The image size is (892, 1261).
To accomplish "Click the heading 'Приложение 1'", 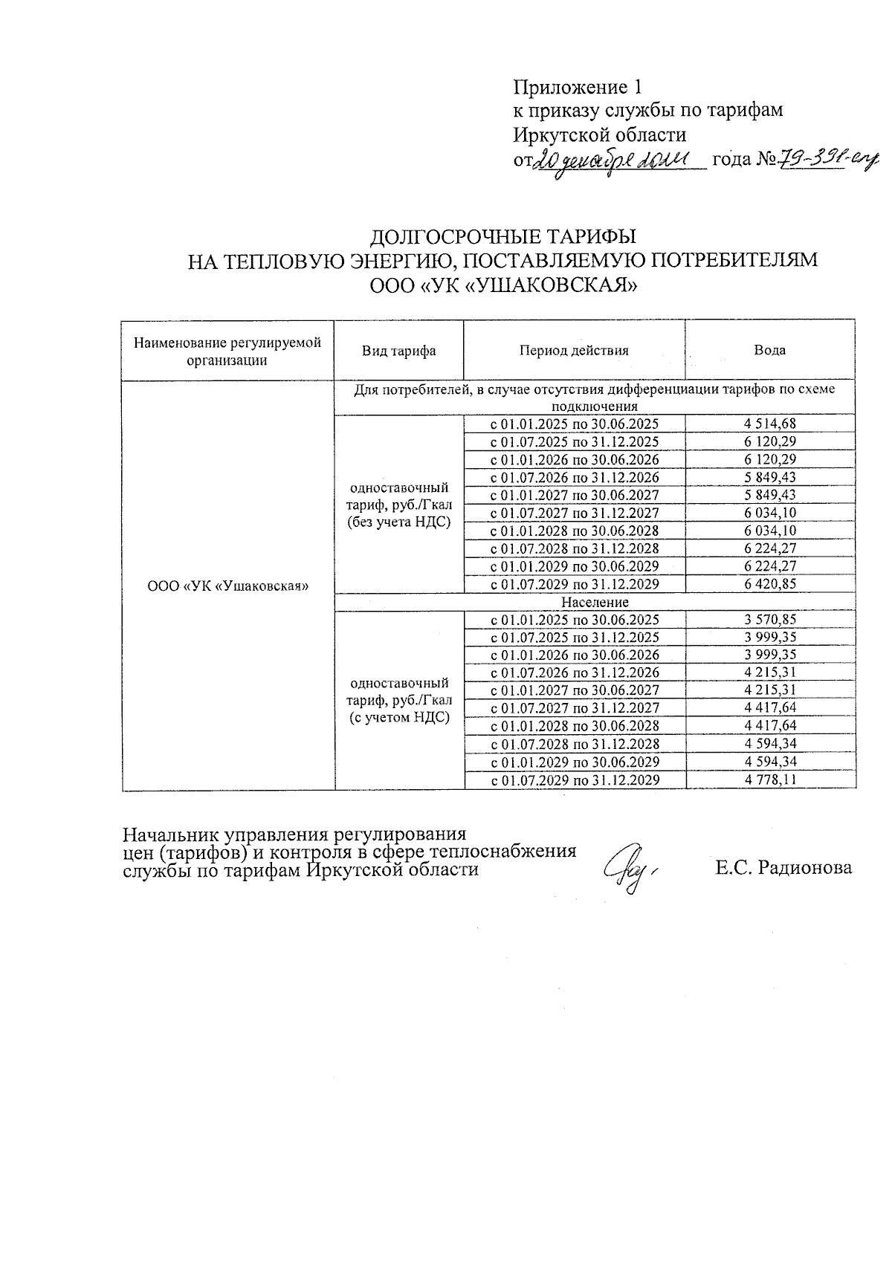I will (577, 88).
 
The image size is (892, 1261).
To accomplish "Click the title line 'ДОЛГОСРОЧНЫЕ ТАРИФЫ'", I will (503, 237).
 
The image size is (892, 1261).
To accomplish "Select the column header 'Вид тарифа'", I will (399, 351).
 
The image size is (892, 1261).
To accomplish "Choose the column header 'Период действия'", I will (574, 351).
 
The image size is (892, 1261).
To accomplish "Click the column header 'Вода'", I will (769, 351).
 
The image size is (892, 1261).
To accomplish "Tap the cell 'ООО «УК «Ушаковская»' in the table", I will (228, 586).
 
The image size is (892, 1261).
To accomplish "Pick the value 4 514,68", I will (769, 424).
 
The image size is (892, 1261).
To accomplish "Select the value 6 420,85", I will (769, 584).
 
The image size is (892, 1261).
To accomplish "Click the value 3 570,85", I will (769, 620).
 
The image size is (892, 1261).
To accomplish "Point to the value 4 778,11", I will (769, 779).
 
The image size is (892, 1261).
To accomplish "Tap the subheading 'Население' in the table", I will (595, 602).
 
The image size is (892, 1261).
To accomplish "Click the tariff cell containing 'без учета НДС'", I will (399, 505).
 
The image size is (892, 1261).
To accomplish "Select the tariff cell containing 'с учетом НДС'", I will (399, 700).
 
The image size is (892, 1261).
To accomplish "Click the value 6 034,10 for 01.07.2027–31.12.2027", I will (769, 513).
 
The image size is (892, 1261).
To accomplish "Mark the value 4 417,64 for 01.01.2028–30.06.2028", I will (769, 726).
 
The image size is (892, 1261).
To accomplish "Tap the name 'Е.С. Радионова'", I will (783, 867).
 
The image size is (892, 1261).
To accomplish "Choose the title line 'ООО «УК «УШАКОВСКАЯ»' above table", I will (503, 285).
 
